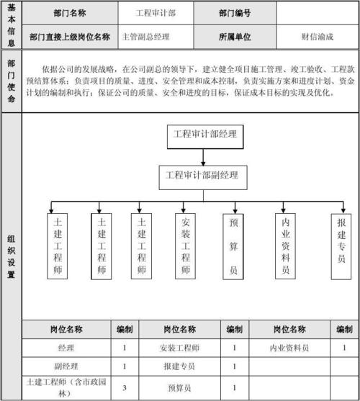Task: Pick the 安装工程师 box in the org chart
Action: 186,246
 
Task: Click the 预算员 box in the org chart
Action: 233,246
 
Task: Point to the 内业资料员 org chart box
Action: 285,246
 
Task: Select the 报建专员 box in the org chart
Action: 341,246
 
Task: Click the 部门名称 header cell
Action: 69,13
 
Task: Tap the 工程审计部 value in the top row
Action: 156,13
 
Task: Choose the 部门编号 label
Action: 235,13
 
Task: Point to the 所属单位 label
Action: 235,35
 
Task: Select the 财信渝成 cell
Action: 317,35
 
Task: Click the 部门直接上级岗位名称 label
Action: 69,35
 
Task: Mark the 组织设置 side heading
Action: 11,256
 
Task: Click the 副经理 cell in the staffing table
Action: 67,366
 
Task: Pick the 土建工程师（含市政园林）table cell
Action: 67,388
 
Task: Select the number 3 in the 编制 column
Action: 125,388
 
